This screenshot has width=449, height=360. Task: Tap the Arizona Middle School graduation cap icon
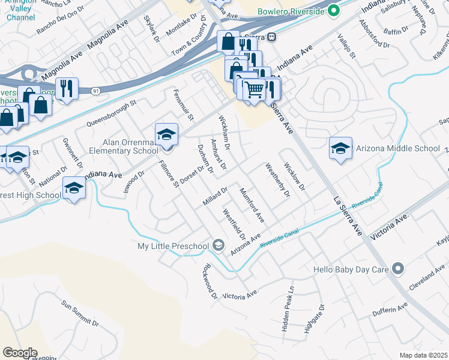(340, 148)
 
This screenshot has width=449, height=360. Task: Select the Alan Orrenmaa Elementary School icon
(166, 134)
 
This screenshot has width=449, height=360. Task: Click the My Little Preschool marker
(218, 245)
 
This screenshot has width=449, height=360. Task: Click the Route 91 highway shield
(96, 90)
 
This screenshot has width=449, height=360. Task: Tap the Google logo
(20, 353)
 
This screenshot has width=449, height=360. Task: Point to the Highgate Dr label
(313, 319)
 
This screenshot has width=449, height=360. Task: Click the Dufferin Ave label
(389, 309)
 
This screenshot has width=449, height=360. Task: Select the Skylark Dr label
(149, 28)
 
